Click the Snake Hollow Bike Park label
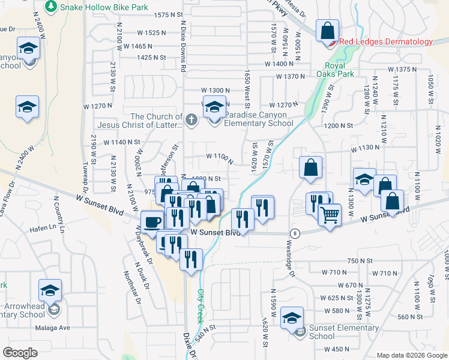click(x=105, y=7)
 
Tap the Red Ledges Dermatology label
click(x=385, y=41)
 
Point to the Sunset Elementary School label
click(x=334, y=332)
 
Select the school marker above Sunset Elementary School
click(x=292, y=316)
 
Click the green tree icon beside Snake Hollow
click(x=52, y=7)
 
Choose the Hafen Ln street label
click(x=52, y=227)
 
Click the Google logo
click(x=19, y=353)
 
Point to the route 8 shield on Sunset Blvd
click(x=294, y=233)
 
